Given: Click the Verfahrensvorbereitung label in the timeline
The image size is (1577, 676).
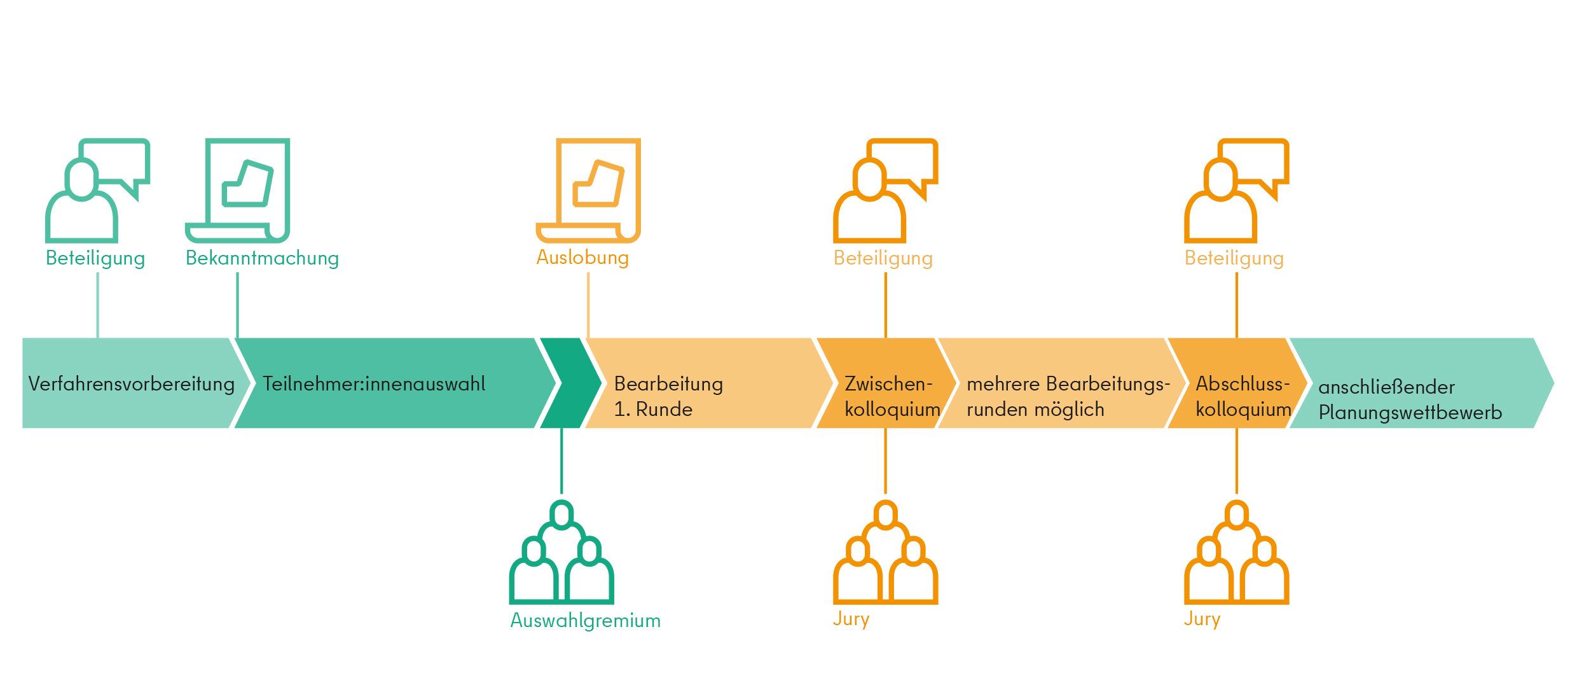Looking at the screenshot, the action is (x=132, y=384).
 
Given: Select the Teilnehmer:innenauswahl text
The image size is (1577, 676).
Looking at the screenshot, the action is (x=374, y=383).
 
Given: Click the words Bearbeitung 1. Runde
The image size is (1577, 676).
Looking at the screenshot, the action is (x=668, y=396).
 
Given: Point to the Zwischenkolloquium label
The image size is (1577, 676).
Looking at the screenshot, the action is (x=892, y=396).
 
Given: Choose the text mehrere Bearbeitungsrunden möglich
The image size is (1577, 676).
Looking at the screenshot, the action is (x=1068, y=396).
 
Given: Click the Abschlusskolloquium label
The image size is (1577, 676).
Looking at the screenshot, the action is (x=1243, y=396).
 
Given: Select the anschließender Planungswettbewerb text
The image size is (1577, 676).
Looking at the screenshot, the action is (x=1410, y=399).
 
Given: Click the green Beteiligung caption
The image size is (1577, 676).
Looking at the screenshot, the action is (x=95, y=258).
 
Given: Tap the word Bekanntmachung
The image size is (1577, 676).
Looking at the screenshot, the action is (x=262, y=258).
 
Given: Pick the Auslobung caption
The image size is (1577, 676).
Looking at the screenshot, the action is (x=582, y=258).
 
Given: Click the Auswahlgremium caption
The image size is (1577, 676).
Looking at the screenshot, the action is (x=586, y=620).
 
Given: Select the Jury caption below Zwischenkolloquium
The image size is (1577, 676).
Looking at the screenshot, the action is (x=851, y=619).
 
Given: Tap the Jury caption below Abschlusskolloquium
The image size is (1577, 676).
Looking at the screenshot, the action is (x=1202, y=619).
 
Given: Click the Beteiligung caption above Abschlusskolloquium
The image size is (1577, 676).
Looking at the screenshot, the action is (x=1234, y=258).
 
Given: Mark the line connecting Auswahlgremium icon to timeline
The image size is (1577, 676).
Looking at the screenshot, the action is (x=561, y=461).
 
